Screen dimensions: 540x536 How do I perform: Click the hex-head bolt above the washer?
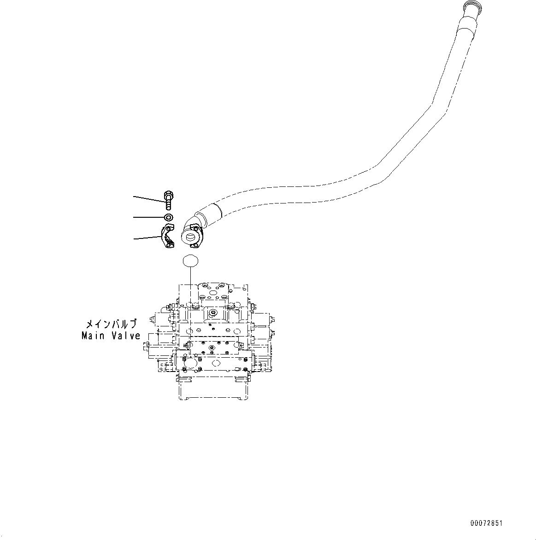[x=168, y=201]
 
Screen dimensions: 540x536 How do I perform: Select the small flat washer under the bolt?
[x=168, y=217]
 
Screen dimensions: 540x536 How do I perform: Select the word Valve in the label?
[x=125, y=336]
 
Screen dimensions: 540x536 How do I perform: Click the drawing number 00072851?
[x=486, y=523]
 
